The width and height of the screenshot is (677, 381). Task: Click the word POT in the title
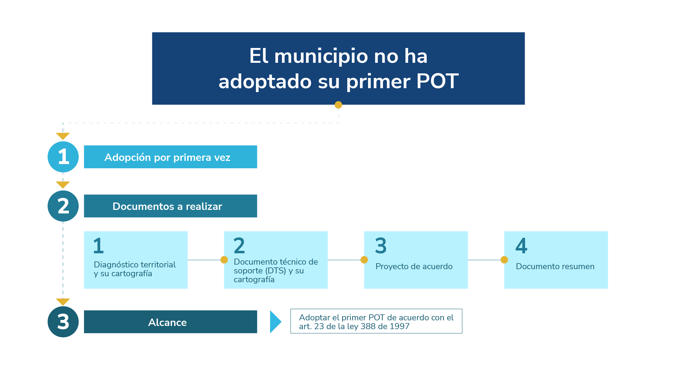click(x=437, y=81)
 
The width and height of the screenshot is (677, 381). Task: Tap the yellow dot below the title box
click(x=338, y=105)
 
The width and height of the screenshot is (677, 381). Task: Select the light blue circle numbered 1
click(x=63, y=157)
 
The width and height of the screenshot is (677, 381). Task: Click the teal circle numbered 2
click(x=63, y=206)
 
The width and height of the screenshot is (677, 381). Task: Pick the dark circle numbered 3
click(x=63, y=322)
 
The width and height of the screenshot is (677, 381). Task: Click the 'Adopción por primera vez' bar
click(x=171, y=157)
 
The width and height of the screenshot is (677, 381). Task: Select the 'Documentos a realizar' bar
click(x=171, y=206)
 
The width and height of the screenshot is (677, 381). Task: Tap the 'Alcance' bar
click(x=171, y=322)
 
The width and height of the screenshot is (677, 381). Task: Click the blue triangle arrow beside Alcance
click(x=275, y=322)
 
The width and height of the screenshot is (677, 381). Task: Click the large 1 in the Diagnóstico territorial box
click(x=98, y=246)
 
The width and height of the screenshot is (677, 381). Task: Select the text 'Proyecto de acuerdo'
click(x=414, y=266)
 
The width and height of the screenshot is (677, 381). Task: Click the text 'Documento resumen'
click(x=555, y=266)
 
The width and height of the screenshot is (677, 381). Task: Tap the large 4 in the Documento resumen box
click(x=521, y=246)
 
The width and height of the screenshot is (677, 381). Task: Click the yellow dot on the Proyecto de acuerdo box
click(x=364, y=260)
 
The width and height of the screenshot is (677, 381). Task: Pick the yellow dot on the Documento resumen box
click(x=504, y=260)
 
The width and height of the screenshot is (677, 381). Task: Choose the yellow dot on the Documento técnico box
click(x=224, y=260)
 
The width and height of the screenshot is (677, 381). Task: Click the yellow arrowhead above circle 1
click(x=63, y=136)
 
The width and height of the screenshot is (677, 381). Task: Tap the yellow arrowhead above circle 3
click(x=63, y=302)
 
